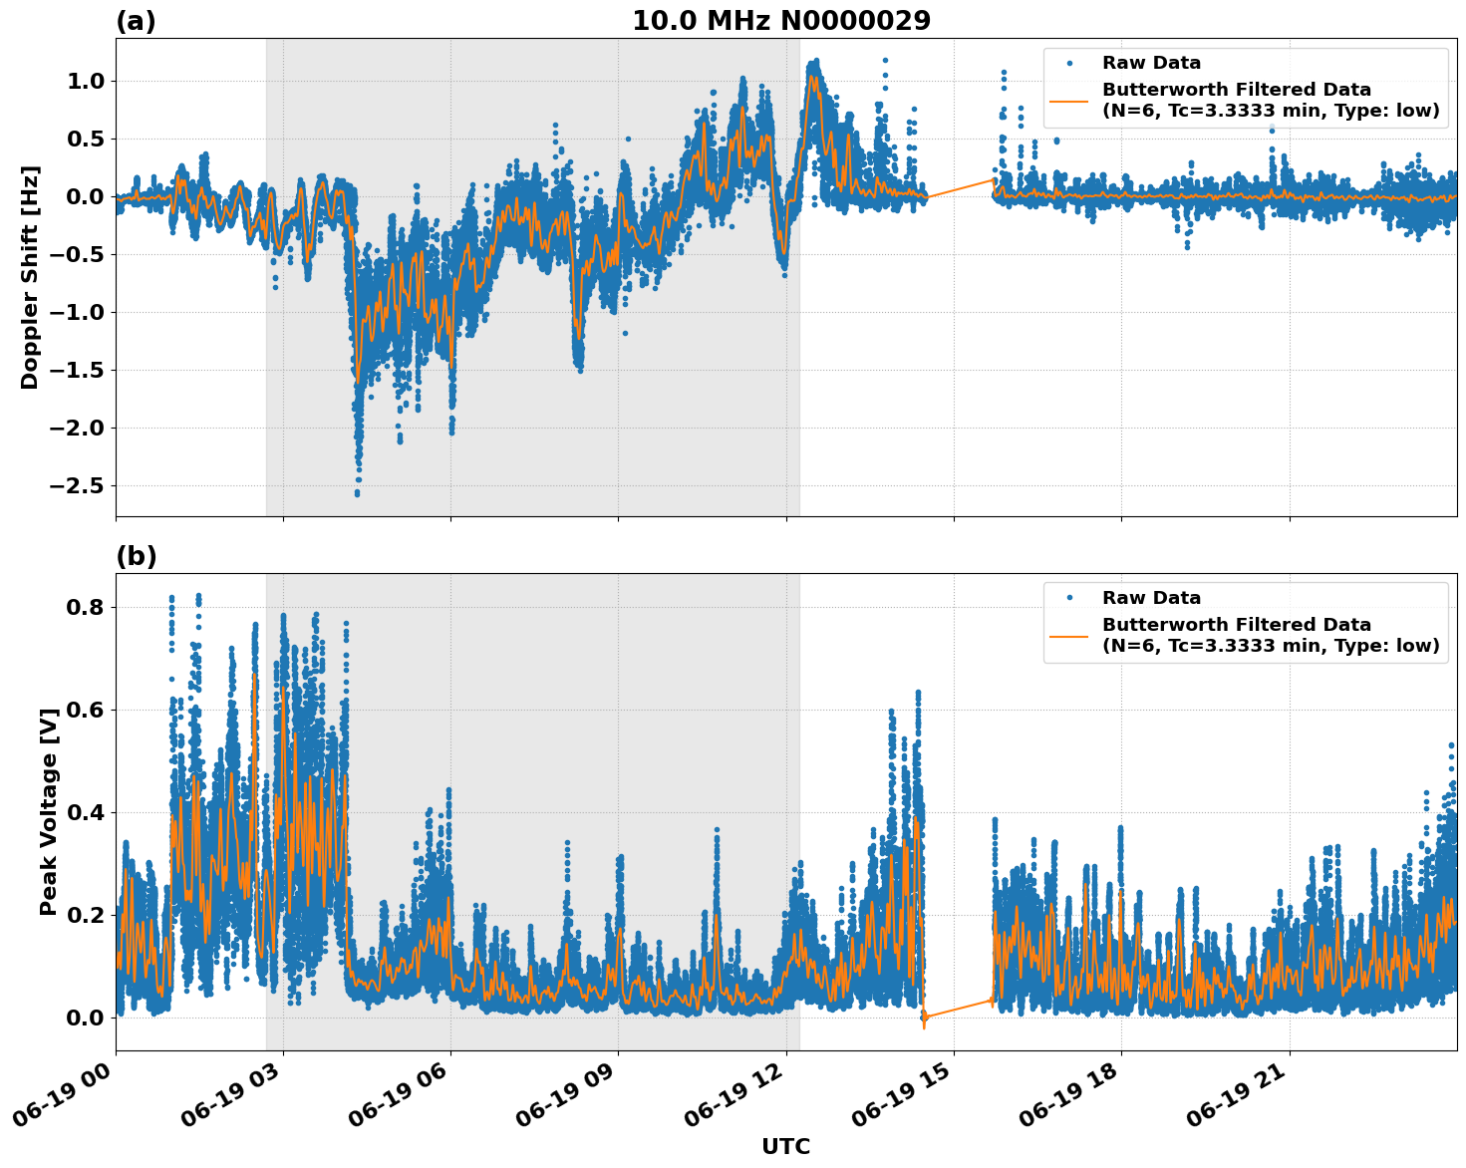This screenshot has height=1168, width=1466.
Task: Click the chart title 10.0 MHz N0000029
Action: [x=780, y=21]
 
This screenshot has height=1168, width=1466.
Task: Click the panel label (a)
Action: [x=136, y=21]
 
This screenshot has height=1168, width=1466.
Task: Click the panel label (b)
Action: [x=136, y=556]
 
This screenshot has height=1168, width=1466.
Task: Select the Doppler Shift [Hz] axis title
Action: [x=30, y=277]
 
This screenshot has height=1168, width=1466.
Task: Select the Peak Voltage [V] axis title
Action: [x=48, y=811]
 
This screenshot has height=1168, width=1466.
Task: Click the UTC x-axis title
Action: [x=785, y=1146]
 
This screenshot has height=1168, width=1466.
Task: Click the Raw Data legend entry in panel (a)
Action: [x=1151, y=64]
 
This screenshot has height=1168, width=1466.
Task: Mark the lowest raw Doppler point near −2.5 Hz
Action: [x=357, y=493]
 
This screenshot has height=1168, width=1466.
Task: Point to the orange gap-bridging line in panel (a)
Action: [x=960, y=188]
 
